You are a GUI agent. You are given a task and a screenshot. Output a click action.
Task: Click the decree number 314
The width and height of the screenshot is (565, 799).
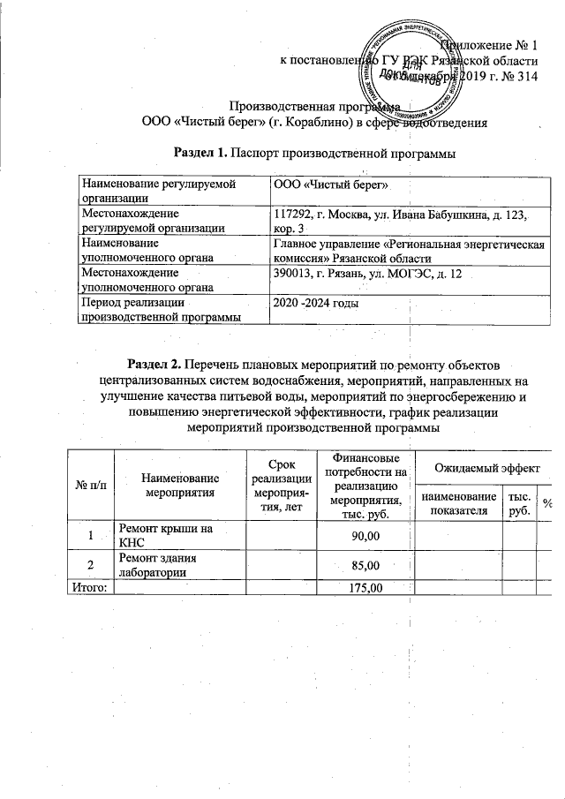527,77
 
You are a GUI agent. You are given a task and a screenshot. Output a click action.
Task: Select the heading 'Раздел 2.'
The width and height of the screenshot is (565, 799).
157,364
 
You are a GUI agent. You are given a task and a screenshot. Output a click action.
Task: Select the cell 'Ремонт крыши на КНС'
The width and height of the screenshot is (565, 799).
168,535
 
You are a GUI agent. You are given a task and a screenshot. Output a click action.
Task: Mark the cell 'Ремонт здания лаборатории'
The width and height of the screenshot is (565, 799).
159,565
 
